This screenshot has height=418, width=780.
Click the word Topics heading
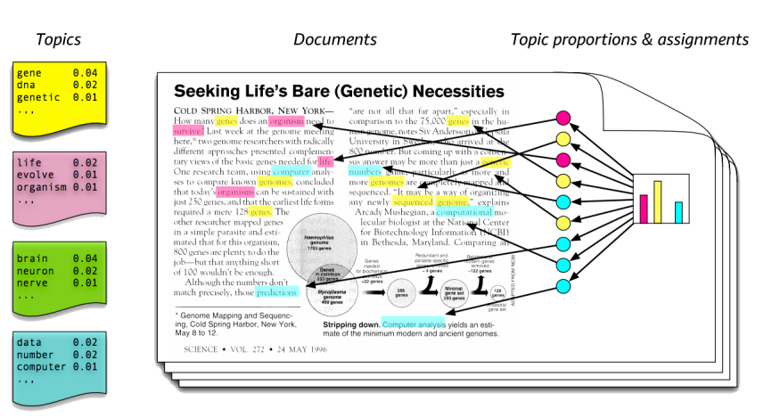58,39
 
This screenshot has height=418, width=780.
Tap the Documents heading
334,39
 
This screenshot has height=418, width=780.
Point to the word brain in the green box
33,258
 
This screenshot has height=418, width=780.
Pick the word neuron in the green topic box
36,271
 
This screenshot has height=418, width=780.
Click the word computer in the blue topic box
40,366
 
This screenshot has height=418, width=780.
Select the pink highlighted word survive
190,129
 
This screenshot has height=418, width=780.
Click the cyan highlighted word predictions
277,291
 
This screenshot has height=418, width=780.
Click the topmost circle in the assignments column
562,118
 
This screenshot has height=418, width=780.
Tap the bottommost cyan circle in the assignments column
562,286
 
